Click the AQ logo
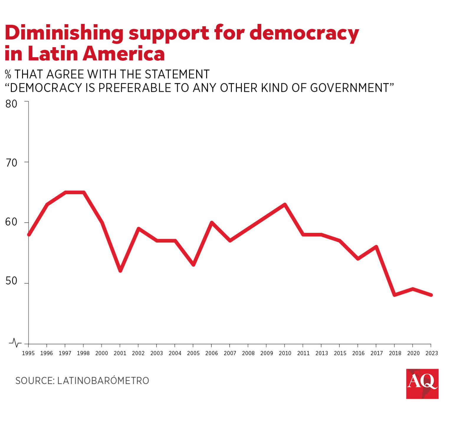422,384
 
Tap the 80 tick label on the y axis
12,104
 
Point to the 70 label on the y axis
12,163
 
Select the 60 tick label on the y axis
12,222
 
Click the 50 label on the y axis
12,281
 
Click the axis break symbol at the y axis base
15,343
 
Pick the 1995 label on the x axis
28,353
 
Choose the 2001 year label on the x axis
120,353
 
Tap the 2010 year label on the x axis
285,353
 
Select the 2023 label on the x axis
431,353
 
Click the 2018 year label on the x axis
395,353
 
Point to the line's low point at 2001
120,270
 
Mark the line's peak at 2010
285,205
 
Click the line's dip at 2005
193,264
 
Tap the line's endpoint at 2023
431,295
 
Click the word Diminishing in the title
64,33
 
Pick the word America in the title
124,54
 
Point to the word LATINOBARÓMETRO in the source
103,381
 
